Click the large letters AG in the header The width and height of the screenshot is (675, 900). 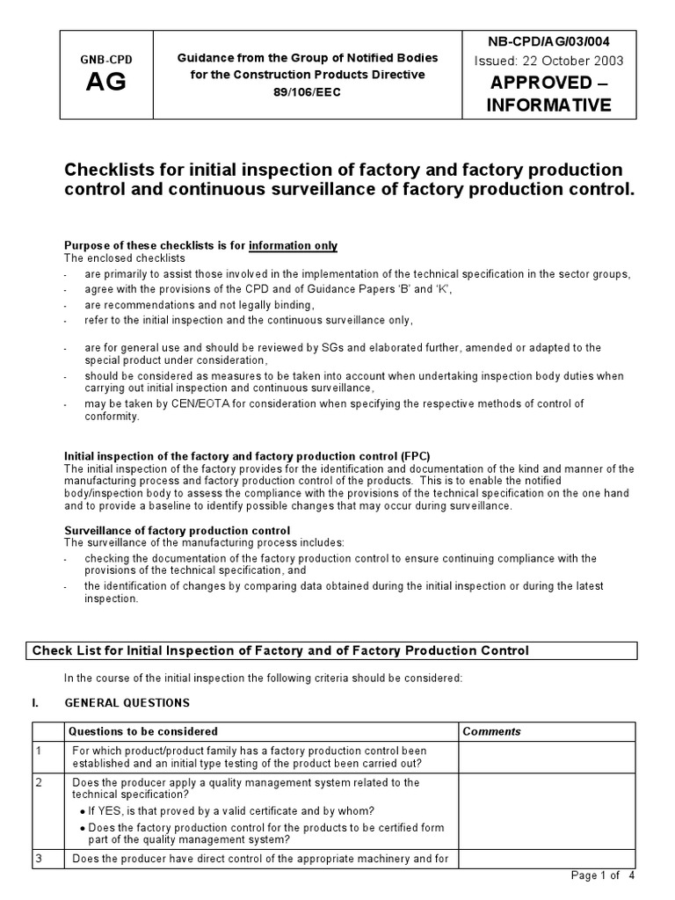tap(105, 83)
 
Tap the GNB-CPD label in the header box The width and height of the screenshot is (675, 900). tap(105, 60)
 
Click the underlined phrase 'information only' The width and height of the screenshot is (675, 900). tap(293, 245)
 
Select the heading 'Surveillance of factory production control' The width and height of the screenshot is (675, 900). tap(178, 530)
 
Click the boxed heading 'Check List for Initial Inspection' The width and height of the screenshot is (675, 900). tap(280, 650)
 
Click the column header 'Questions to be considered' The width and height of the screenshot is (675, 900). tap(143, 731)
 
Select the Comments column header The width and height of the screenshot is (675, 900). tap(491, 731)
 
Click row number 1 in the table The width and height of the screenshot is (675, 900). tap(39, 751)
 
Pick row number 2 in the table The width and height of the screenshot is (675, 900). tap(39, 782)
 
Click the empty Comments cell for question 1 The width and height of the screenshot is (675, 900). tap(545, 757)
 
